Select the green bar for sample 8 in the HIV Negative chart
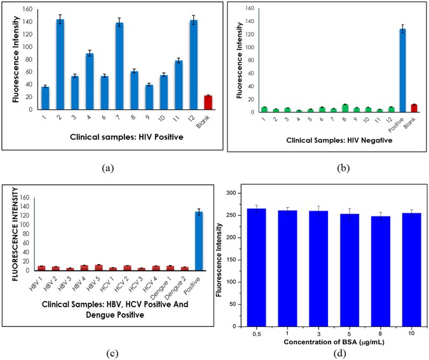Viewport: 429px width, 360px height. (x=345, y=108)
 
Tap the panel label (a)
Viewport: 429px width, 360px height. (x=108, y=168)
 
